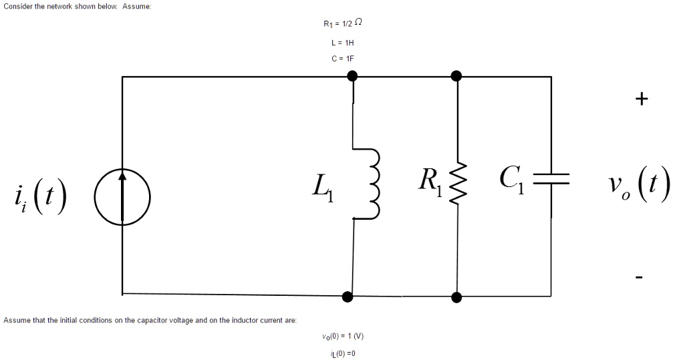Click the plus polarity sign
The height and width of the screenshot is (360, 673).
[642, 100]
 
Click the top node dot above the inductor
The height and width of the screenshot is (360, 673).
[353, 77]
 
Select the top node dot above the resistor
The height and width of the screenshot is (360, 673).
[457, 76]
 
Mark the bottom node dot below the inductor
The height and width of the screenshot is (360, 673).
[348, 296]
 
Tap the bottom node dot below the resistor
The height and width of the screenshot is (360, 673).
[457, 297]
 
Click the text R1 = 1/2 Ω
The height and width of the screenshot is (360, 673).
[342, 24]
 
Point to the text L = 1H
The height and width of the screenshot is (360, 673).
[342, 41]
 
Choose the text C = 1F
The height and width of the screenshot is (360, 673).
[342, 58]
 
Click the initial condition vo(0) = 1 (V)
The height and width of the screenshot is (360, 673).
[342, 337]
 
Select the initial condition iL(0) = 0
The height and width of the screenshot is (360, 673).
[342, 353]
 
